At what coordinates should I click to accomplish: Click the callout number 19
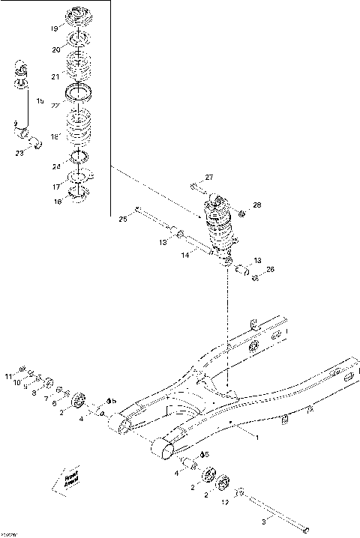pos(55,29)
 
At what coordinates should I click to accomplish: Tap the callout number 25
pos(123,219)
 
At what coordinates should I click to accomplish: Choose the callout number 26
pos(271,269)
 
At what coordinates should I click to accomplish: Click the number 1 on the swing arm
pos(256,437)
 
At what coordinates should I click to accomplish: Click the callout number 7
pos(46,398)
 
